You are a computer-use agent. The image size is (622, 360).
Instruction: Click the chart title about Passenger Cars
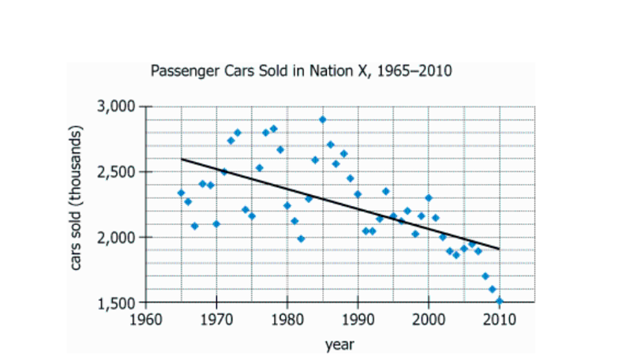pyautogui.click(x=300, y=72)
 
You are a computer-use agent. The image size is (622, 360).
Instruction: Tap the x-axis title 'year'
pyautogui.click(x=339, y=343)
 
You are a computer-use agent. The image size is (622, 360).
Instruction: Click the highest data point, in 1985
pyautogui.click(x=322, y=119)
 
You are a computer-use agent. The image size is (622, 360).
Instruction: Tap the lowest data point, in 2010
pyautogui.click(x=499, y=301)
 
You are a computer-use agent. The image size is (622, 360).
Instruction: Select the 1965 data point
pyautogui.click(x=181, y=193)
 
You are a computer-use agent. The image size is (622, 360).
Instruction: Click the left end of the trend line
pyautogui.click(x=182, y=159)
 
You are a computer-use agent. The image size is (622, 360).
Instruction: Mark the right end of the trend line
pyautogui.click(x=499, y=249)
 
